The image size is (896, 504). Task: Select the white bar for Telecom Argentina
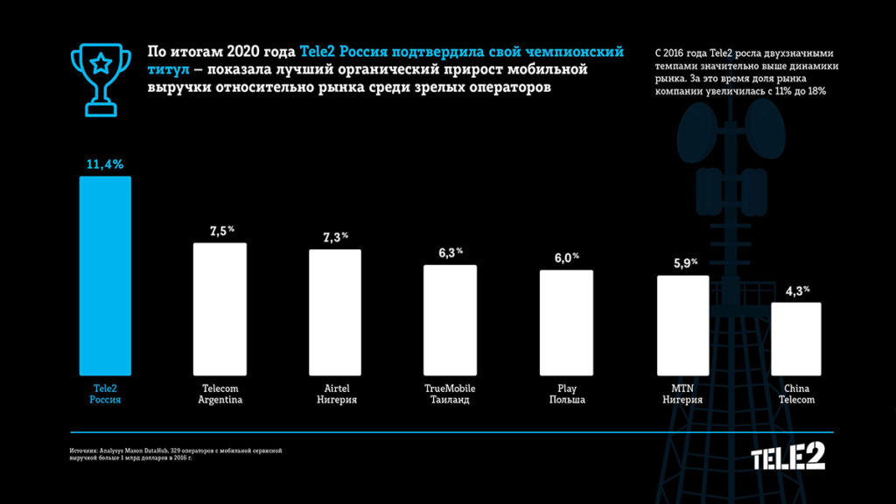(x=220, y=311)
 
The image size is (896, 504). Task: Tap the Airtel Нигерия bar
(x=334, y=314)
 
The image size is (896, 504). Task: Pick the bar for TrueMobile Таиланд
(x=450, y=321)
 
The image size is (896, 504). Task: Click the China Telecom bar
(x=796, y=340)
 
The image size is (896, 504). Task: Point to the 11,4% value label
(x=105, y=163)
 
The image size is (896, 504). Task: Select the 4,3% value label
(x=796, y=290)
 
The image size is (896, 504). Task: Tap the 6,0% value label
(x=566, y=258)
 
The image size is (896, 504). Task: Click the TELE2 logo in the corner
(x=787, y=457)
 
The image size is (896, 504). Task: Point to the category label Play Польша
(x=566, y=394)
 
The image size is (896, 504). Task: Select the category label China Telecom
(x=797, y=394)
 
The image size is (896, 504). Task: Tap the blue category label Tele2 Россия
(x=105, y=394)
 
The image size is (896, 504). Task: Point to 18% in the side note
(x=816, y=91)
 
